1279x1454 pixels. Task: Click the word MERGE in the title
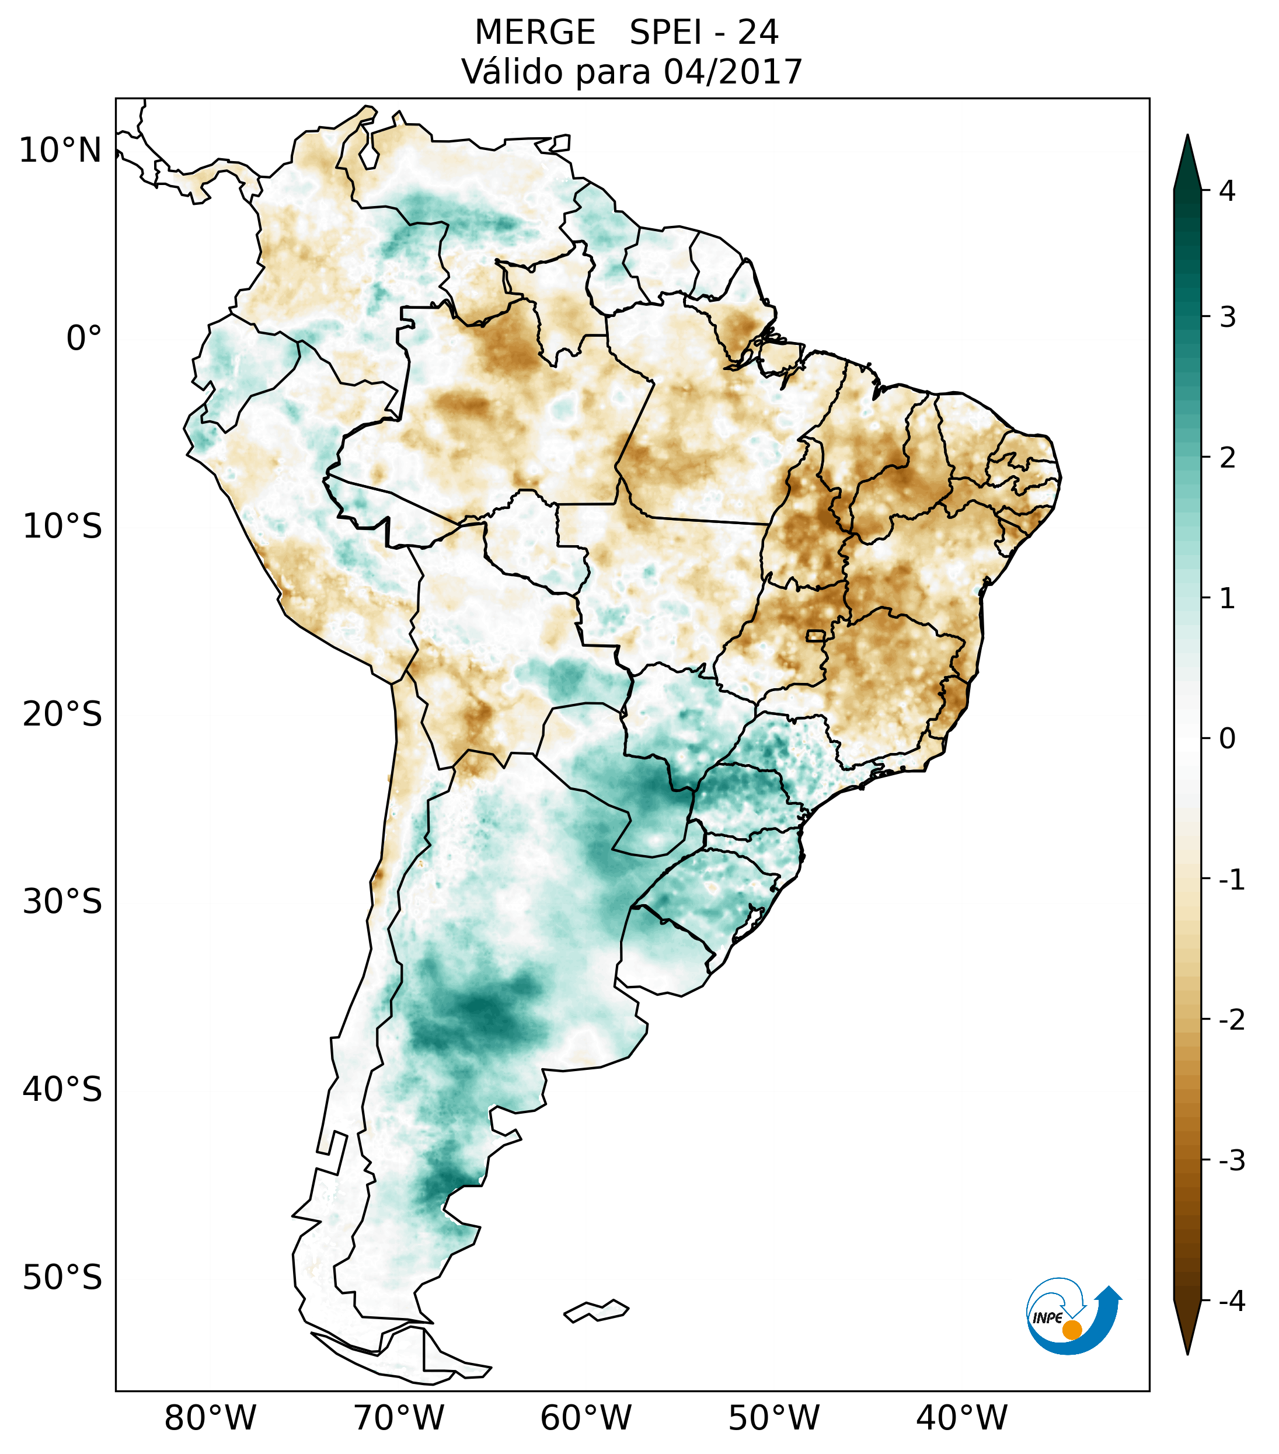point(535,33)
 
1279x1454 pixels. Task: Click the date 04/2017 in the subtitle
point(733,72)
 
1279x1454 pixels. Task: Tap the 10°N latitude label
point(61,151)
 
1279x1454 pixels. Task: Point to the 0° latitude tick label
point(84,339)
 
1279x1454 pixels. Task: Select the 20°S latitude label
point(62,714)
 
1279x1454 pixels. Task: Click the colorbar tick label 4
point(1227,191)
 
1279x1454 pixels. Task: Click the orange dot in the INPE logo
point(1072,1330)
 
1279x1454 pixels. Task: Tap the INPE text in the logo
point(1048,1318)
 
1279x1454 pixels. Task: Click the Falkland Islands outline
point(596,1310)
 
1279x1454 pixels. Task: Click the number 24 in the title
point(758,33)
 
